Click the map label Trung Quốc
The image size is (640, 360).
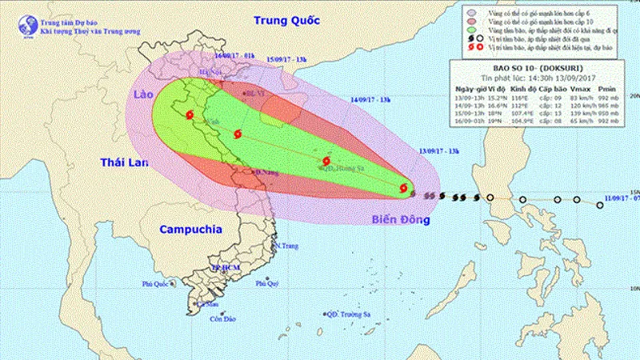click(285, 18)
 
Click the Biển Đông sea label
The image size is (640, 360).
click(396, 218)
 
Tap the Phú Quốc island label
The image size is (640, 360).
click(158, 283)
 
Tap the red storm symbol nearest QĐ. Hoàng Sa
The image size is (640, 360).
click(326, 161)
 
